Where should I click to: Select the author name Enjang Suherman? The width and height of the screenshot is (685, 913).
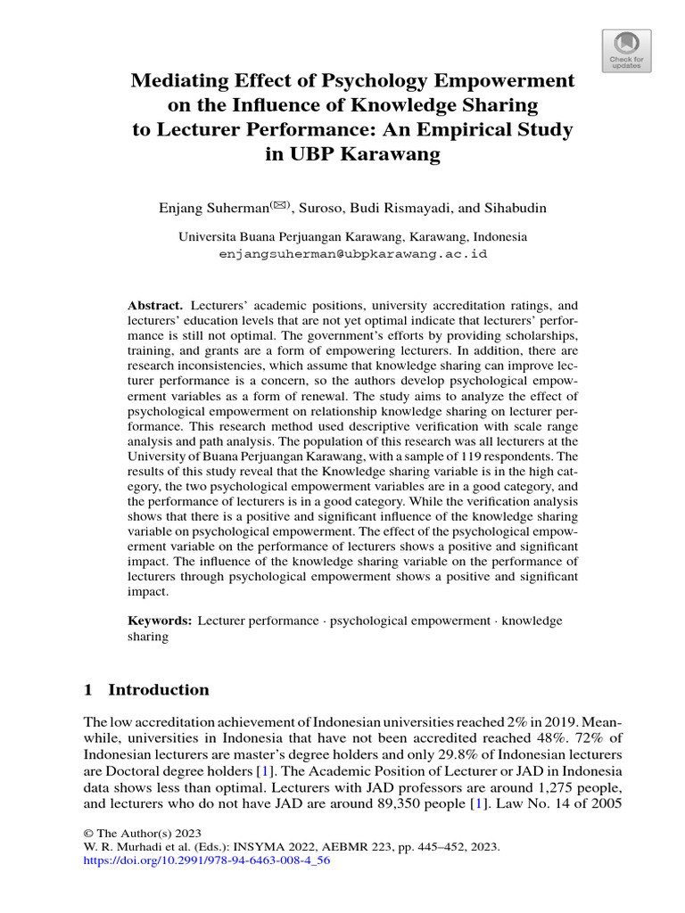[211, 208]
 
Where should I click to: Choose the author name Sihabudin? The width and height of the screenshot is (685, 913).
[514, 208]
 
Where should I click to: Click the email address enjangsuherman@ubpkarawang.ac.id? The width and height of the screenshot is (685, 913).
[352, 253]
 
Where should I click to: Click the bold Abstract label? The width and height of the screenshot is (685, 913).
[154, 304]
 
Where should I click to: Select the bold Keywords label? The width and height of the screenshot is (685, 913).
[160, 621]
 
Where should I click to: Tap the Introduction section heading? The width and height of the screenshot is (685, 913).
[158, 689]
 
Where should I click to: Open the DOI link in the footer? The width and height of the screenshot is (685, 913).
[206, 862]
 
